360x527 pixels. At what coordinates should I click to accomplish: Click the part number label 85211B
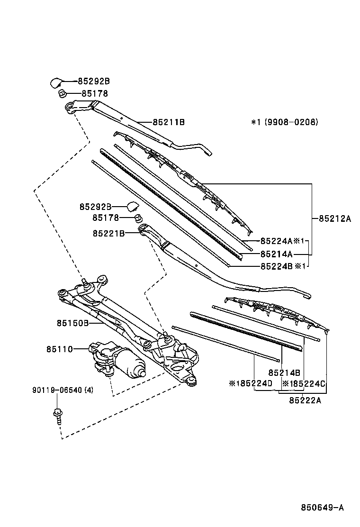169,122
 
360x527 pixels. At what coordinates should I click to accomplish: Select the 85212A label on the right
334,219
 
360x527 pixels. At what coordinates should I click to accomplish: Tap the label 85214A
276,254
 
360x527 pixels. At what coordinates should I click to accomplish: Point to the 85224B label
276,266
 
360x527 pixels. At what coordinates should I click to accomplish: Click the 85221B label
109,233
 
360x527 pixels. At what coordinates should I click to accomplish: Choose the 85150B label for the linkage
72,323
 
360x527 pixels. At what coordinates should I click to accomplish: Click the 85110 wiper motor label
60,350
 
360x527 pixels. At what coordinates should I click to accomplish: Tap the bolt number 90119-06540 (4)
63,390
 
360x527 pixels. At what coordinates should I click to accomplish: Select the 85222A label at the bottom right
305,400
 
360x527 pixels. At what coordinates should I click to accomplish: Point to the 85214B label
284,373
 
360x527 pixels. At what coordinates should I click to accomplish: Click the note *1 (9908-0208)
285,122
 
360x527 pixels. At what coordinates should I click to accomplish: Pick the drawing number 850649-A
323,508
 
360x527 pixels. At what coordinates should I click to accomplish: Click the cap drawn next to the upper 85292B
56,82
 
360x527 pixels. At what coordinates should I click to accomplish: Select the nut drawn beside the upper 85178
62,93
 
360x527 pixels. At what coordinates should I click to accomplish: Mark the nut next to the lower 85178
137,218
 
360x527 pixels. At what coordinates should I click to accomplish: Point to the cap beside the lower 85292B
132,206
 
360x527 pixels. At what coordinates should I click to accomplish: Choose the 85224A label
276,241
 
